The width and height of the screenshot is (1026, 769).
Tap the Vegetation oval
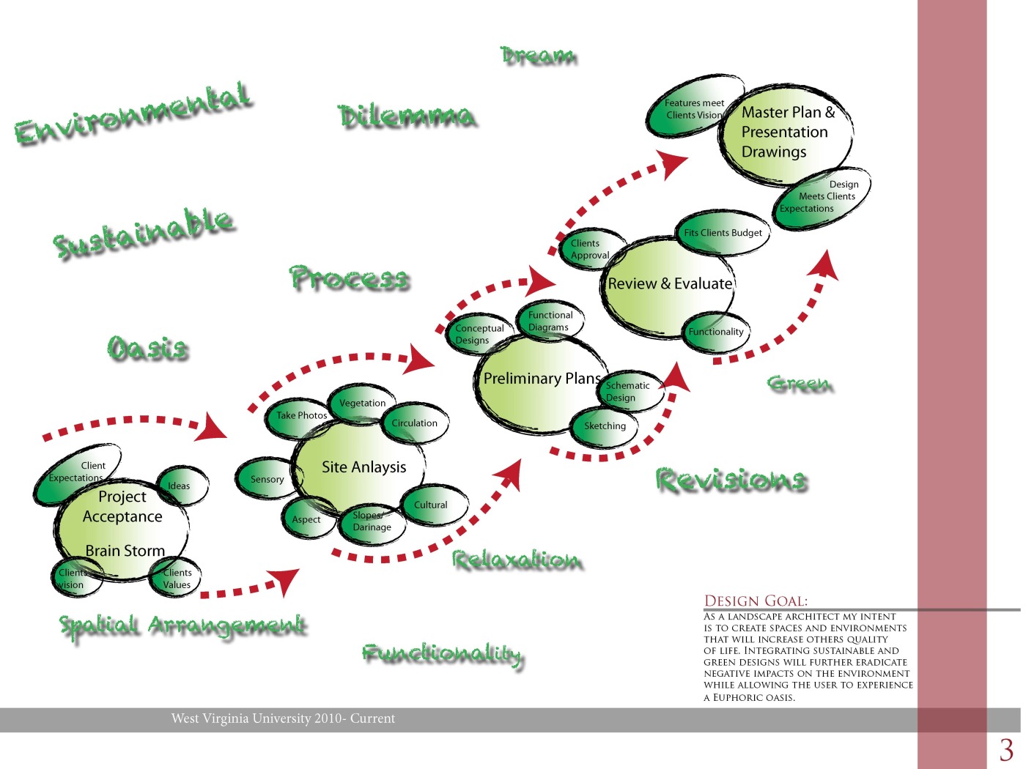[x=362, y=403]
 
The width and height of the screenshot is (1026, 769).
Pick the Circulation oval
[x=415, y=423]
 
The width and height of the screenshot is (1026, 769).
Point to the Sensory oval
[x=265, y=480]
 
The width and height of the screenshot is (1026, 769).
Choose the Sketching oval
[x=605, y=426]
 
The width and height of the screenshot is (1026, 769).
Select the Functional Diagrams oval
[x=550, y=321]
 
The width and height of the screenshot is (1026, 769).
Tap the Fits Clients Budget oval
[x=722, y=233]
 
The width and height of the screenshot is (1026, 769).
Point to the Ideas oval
[x=181, y=486]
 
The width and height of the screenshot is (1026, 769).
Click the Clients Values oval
[x=177, y=579]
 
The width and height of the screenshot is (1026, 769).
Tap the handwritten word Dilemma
[x=407, y=117]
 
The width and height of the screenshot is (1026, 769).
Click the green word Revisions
[x=731, y=480]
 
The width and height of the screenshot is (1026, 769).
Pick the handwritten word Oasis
[x=148, y=348]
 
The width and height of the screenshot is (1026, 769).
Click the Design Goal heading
[x=756, y=601]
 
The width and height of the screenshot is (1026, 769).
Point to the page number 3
[x=1006, y=750]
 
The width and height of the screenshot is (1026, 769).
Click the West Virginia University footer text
[x=283, y=718]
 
